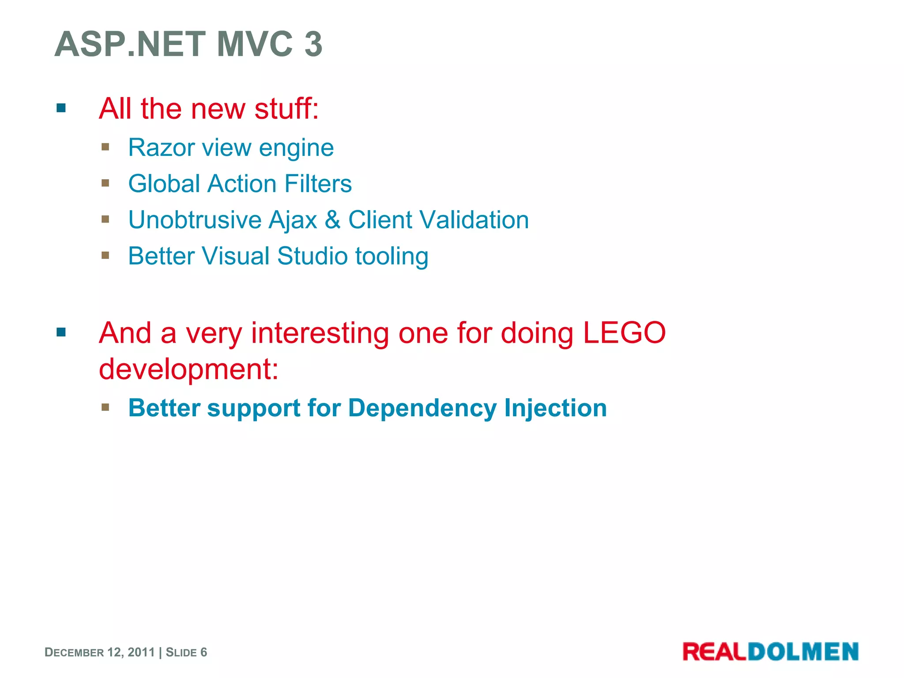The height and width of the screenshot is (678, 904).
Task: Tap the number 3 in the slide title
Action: point(313,44)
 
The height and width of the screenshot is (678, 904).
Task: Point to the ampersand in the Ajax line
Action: point(333,220)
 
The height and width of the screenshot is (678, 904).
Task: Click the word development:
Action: point(189,369)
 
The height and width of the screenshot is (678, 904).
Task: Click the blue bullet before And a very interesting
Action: point(61,332)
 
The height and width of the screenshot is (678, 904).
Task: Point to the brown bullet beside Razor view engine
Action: point(105,147)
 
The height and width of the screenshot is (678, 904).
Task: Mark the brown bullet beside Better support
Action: point(105,407)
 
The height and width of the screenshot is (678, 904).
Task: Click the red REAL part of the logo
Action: point(715,652)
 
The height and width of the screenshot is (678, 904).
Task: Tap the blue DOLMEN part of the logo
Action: point(803,652)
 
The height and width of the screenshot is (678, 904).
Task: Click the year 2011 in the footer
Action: point(141,652)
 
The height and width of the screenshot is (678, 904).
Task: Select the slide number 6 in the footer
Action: point(203,652)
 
